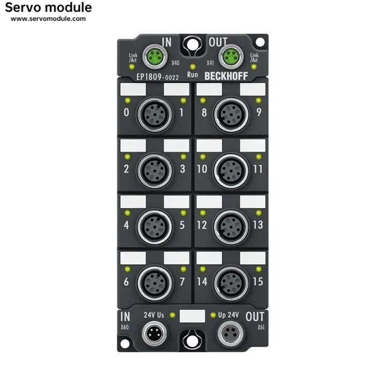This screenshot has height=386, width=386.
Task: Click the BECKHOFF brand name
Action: [x=226, y=76]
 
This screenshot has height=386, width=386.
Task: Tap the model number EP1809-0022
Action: [x=158, y=77]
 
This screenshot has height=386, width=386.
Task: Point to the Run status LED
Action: [x=192, y=66]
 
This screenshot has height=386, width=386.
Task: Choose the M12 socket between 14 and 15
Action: [x=231, y=281]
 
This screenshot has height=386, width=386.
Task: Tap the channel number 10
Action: [x=202, y=169]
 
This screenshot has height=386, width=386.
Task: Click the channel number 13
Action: [x=258, y=225]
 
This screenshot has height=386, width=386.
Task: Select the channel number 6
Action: [x=126, y=281]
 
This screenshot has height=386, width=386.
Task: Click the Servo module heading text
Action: [x=48, y=8]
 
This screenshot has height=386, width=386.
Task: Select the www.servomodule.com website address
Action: [x=48, y=19]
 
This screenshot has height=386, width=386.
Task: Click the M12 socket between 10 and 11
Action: [x=231, y=169]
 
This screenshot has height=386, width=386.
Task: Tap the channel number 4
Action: [x=126, y=225]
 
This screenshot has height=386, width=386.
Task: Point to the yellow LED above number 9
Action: [x=258, y=100]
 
